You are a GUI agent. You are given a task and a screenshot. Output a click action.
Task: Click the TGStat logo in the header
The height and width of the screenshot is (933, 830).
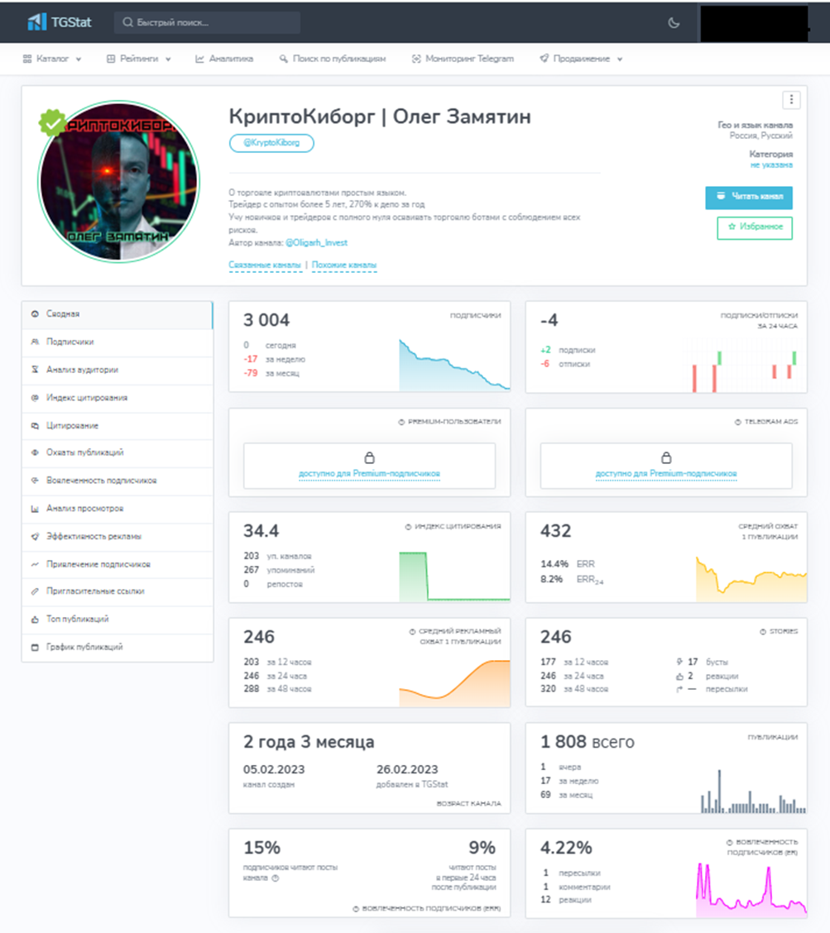coord(59,22)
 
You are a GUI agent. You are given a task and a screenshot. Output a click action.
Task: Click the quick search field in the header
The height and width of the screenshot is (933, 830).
coord(207,22)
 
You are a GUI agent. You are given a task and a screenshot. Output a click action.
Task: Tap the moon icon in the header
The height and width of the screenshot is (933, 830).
coord(674,23)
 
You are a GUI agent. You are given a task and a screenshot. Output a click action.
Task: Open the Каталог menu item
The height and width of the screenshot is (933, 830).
coord(52,59)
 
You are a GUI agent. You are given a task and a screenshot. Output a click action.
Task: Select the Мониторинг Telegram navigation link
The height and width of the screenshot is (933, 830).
coord(463,59)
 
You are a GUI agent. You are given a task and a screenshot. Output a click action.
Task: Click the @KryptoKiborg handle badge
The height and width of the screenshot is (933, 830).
coord(271,143)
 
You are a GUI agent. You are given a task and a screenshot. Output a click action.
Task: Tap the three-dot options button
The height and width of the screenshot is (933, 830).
coord(791,100)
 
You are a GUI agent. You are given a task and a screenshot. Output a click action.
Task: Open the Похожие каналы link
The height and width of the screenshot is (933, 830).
coord(343,266)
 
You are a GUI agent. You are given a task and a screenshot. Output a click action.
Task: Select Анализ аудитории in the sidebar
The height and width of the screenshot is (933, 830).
coord(82,370)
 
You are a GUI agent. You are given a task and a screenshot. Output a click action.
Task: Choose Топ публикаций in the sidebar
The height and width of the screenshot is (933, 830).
coord(77,619)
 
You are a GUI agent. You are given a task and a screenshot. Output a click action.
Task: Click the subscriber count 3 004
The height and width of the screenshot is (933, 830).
coord(266,320)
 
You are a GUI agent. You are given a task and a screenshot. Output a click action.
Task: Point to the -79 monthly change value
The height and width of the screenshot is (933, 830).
coord(250,373)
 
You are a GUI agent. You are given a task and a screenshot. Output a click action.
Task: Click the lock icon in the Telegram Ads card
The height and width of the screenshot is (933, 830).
coord(666,457)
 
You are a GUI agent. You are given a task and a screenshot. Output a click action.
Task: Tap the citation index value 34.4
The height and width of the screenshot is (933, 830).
coord(261,530)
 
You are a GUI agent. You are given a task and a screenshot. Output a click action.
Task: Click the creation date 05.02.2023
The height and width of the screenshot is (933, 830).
coord(274,769)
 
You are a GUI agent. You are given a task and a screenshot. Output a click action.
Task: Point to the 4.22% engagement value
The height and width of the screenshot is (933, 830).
coord(566,848)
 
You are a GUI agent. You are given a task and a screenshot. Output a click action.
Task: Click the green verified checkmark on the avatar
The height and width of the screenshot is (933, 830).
coord(53,124)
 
